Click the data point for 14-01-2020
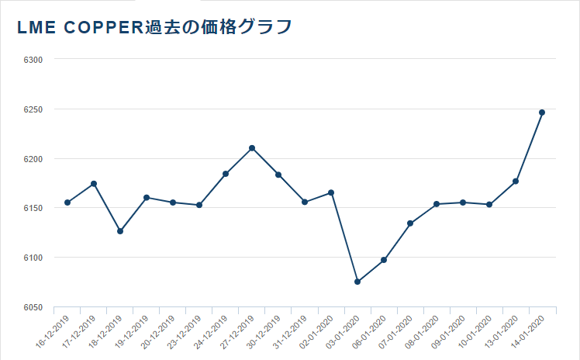[542, 112]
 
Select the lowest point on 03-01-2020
[357, 282]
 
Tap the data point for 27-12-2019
[252, 148]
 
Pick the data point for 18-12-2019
[120, 231]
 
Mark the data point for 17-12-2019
[94, 184]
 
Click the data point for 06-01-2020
[384, 260]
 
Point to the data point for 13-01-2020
[516, 182]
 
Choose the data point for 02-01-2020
[331, 192]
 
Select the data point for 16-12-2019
[67, 202]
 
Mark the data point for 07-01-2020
[410, 223]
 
